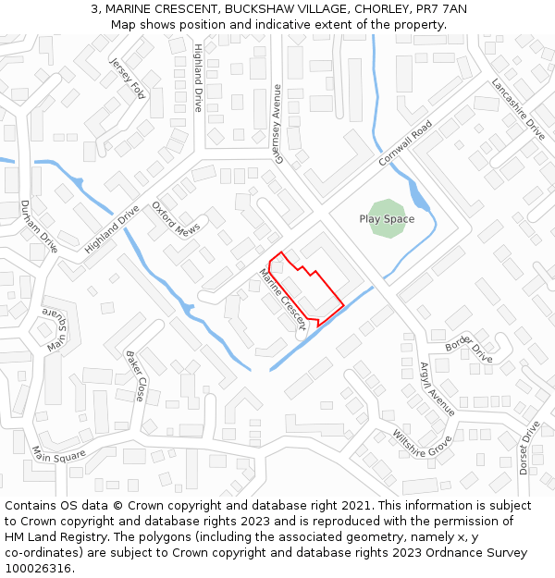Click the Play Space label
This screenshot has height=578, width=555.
(387, 219)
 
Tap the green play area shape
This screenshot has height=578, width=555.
(387, 205)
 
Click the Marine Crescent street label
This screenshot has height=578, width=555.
(282, 299)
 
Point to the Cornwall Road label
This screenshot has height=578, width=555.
(405, 144)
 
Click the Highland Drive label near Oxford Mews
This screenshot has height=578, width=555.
(111, 229)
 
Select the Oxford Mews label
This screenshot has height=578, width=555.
(176, 220)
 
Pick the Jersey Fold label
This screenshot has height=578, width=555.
(128, 78)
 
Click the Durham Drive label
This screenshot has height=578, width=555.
(39, 227)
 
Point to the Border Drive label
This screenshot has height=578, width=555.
(469, 349)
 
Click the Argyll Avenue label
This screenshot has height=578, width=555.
(438, 389)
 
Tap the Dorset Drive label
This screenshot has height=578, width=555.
(528, 448)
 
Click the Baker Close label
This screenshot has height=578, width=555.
(136, 375)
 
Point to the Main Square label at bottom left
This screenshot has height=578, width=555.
(58, 454)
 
